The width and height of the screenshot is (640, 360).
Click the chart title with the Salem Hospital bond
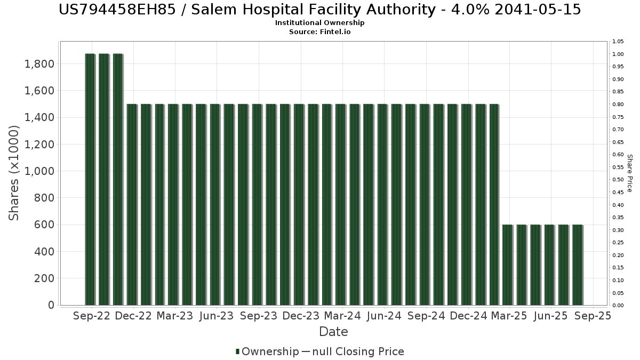[319, 10]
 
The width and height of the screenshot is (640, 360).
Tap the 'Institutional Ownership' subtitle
[319, 23]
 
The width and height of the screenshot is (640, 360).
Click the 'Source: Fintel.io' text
[319, 32]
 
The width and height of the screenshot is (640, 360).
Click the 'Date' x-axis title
[333, 332]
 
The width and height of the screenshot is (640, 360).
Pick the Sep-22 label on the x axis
[92, 316]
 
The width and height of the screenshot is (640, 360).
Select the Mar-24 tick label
[342, 316]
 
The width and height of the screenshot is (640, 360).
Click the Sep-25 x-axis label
[593, 316]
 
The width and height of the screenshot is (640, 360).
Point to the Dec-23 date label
[301, 316]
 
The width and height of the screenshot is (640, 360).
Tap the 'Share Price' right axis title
[629, 173]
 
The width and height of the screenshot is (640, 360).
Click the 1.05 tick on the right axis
[618, 42]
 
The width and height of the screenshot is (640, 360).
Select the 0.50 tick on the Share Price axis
[618, 180]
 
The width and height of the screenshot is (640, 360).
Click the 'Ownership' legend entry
[270, 351]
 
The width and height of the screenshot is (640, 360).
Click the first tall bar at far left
[90, 179]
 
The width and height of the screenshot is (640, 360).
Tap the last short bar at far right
[577, 265]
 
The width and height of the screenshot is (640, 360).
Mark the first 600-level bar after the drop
[507, 265]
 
